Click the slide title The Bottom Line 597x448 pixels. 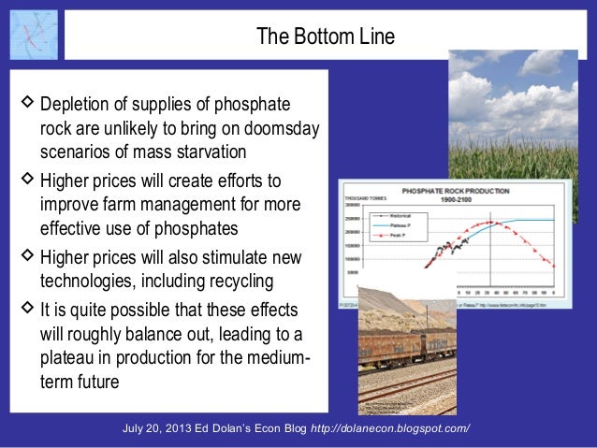[325, 37]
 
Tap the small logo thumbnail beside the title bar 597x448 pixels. [33, 35]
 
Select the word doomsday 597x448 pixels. [280, 128]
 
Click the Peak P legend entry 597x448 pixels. [393, 234]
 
